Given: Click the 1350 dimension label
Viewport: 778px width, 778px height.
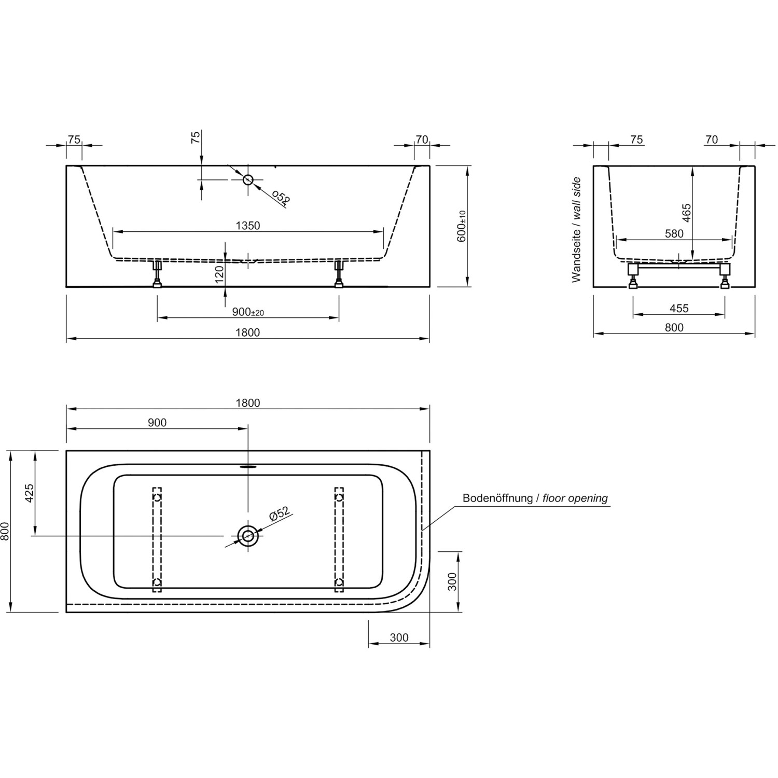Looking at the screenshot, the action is point(248,226).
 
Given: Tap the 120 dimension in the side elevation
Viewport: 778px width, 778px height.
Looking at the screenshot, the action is point(219,274).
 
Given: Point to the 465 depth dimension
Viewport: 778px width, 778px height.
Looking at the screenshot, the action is point(687,213).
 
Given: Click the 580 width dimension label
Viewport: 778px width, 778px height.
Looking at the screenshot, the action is point(674,234).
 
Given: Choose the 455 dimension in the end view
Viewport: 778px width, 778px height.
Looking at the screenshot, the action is point(679,309).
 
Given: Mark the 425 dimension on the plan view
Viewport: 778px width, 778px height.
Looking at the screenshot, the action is point(29,493).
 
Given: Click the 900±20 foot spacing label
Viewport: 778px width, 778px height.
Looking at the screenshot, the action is point(248,312).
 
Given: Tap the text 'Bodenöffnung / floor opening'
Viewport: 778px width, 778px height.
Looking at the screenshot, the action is point(535,498).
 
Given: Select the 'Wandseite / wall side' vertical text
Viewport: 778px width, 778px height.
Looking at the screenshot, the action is point(576,230).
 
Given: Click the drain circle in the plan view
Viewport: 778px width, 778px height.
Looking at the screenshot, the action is point(248,535).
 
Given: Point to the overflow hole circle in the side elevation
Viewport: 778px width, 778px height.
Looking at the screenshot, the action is point(248,179).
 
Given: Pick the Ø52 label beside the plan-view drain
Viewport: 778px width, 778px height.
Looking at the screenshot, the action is point(279,514).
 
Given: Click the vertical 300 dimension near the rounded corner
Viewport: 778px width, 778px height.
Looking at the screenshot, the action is point(452,581).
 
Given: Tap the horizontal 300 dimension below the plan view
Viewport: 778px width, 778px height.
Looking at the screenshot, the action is point(399,637).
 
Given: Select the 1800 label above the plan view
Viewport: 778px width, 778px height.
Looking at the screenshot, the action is point(248,403).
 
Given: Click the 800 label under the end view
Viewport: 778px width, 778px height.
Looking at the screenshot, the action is point(674,327).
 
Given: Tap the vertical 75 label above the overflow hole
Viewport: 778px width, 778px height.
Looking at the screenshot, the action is point(196,137).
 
